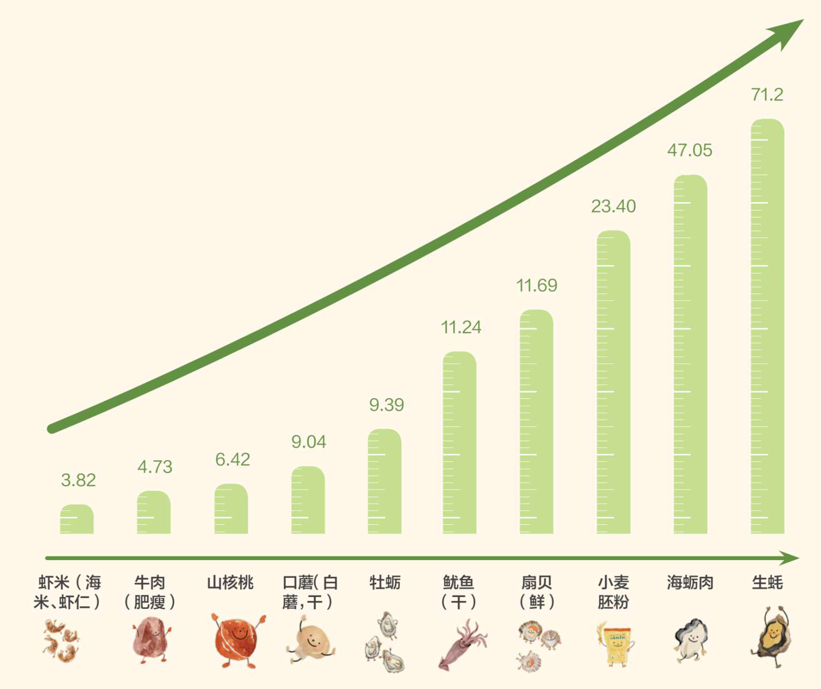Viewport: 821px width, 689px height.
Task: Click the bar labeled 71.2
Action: click(x=767, y=326)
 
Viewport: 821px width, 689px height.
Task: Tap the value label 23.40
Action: click(x=613, y=206)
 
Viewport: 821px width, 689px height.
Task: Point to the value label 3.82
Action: click(x=78, y=480)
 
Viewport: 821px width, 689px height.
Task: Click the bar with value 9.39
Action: click(x=384, y=481)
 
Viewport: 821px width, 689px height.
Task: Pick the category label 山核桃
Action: click(x=230, y=583)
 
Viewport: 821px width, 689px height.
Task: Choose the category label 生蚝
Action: click(x=767, y=583)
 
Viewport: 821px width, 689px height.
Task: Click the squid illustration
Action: click(x=461, y=644)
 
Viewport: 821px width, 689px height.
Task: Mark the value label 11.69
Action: click(x=536, y=285)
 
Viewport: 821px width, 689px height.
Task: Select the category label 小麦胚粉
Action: click(x=613, y=592)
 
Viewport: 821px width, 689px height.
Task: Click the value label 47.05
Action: click(x=690, y=150)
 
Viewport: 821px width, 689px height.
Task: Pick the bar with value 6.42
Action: click(x=231, y=509)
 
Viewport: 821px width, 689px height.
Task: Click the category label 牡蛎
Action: click(x=385, y=583)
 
